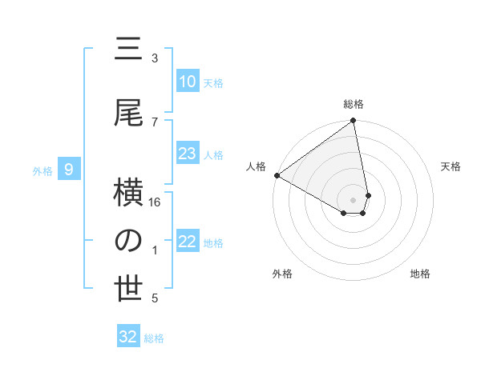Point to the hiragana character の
128,242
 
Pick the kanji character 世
128,290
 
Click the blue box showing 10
188,82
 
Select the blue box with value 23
188,154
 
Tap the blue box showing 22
188,242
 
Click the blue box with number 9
70,170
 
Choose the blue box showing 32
128,337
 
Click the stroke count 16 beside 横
156,203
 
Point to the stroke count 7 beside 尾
155,122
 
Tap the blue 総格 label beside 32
154,338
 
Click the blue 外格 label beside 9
42,170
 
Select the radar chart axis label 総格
354,104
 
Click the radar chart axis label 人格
256,166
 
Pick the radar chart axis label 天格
451,166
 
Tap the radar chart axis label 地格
420,274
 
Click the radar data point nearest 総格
353,122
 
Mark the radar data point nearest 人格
277,175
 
